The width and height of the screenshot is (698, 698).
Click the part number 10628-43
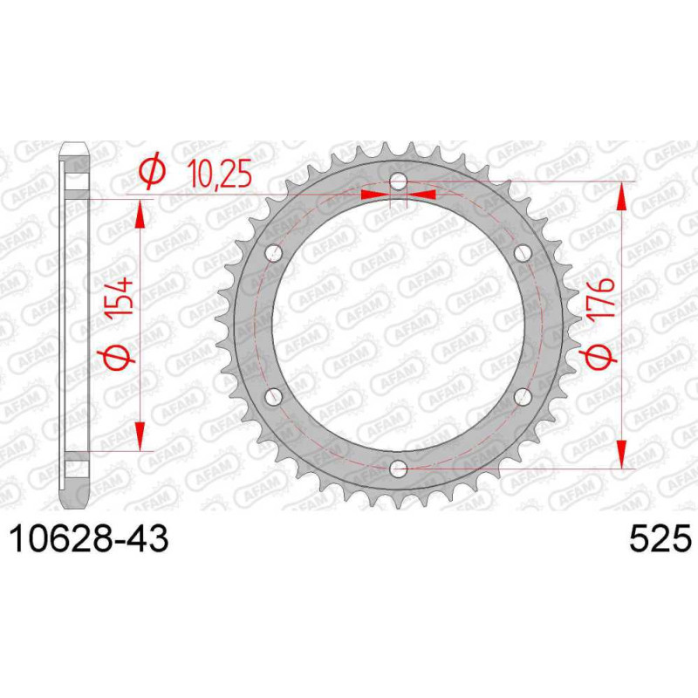click(89, 538)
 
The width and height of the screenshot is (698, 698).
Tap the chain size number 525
click(660, 538)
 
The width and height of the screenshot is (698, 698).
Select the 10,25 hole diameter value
click(219, 173)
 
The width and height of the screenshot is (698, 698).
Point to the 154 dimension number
click(120, 297)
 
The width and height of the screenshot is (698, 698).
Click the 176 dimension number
click(602, 298)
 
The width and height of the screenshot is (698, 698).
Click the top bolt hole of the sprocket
click(399, 181)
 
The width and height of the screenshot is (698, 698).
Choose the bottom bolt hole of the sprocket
click(399, 468)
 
